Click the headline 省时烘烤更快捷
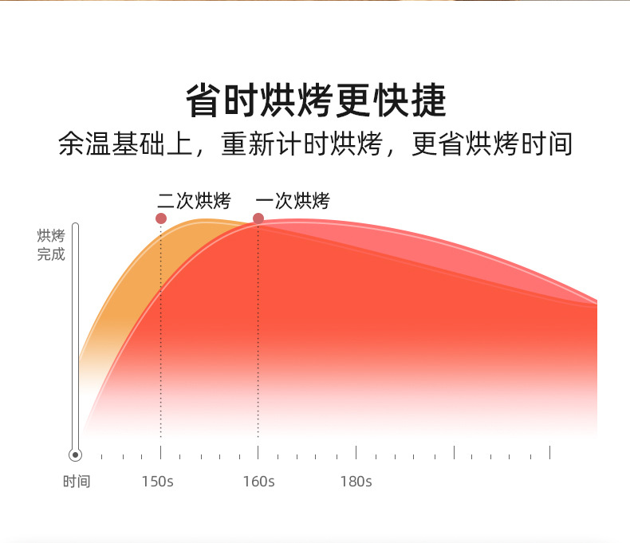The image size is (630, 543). [x=315, y=101]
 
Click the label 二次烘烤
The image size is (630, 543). [x=194, y=201]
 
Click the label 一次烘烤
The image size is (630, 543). [x=293, y=201]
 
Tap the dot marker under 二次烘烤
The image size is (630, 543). [x=161, y=218]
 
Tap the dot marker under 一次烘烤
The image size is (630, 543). [x=258, y=218]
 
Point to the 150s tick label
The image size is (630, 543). [x=157, y=481]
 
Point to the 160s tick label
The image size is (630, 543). [x=258, y=481]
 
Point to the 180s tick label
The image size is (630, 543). [x=356, y=481]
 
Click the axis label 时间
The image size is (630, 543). [x=77, y=481]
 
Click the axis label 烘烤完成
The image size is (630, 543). [x=51, y=245]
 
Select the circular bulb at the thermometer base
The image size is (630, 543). [x=75, y=454]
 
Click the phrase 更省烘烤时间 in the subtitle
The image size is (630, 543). [x=493, y=144]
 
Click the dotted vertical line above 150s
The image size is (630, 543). [x=161, y=359]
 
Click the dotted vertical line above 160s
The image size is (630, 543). [x=258, y=359]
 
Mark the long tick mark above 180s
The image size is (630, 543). [x=356, y=453]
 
